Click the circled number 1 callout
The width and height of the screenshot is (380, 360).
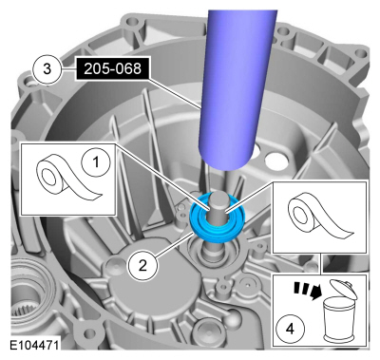pos(96,163)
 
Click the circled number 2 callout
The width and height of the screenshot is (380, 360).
pos(142,266)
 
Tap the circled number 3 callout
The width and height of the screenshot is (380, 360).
pos(47,68)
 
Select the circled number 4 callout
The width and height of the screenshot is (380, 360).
pos(290,330)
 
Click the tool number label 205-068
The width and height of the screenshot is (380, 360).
pos(112,68)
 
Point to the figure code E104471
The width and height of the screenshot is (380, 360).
pos(34,345)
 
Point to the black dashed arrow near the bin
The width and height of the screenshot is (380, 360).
pos(307,291)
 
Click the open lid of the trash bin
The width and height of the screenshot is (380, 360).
pos(344,289)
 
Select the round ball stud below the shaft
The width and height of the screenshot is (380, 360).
pos(234,321)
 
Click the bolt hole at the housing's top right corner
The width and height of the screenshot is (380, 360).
pos(361,53)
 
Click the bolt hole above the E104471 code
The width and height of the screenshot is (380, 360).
pos(91,333)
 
